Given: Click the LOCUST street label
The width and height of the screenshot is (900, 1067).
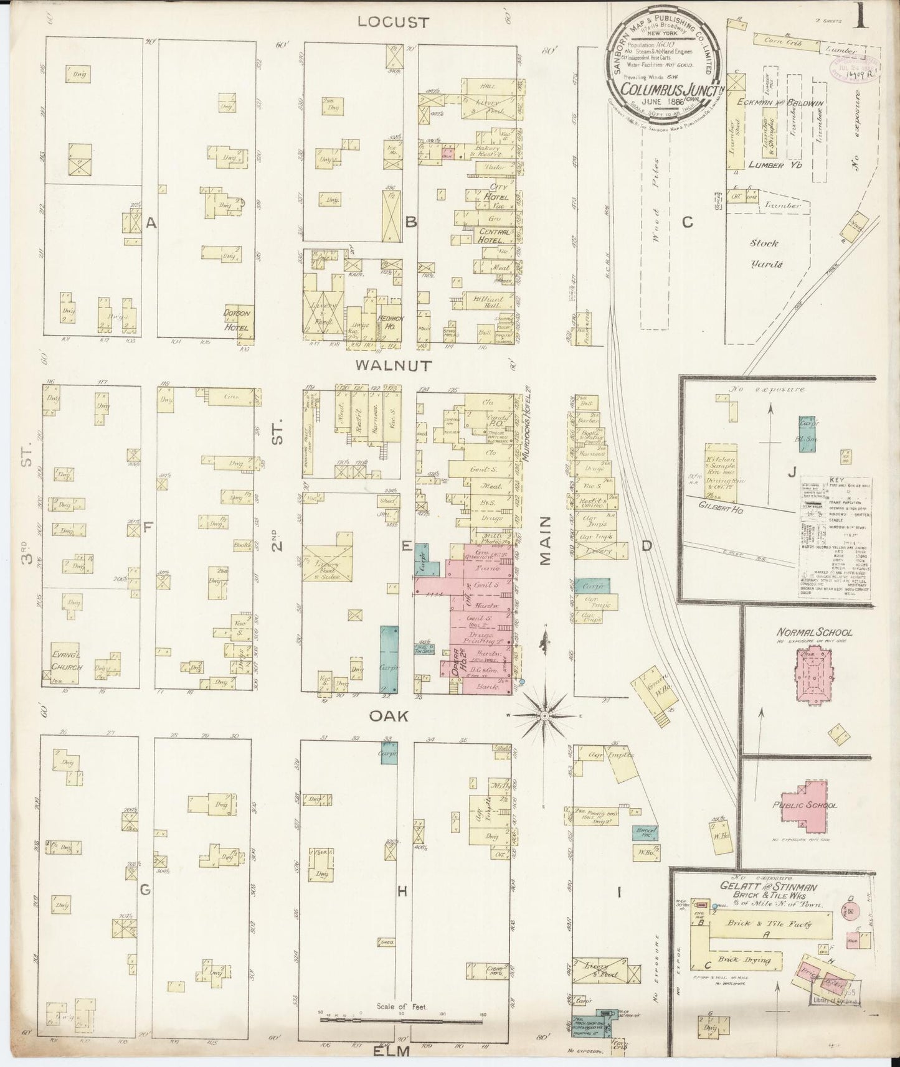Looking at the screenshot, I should click(x=393, y=22).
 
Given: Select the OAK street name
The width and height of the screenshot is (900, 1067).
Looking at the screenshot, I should click(x=389, y=717).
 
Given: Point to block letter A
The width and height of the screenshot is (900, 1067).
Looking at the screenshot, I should click(x=150, y=222).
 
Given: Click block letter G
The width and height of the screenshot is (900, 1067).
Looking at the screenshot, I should click(x=144, y=890).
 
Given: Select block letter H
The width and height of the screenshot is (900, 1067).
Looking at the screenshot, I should click(x=402, y=891).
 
